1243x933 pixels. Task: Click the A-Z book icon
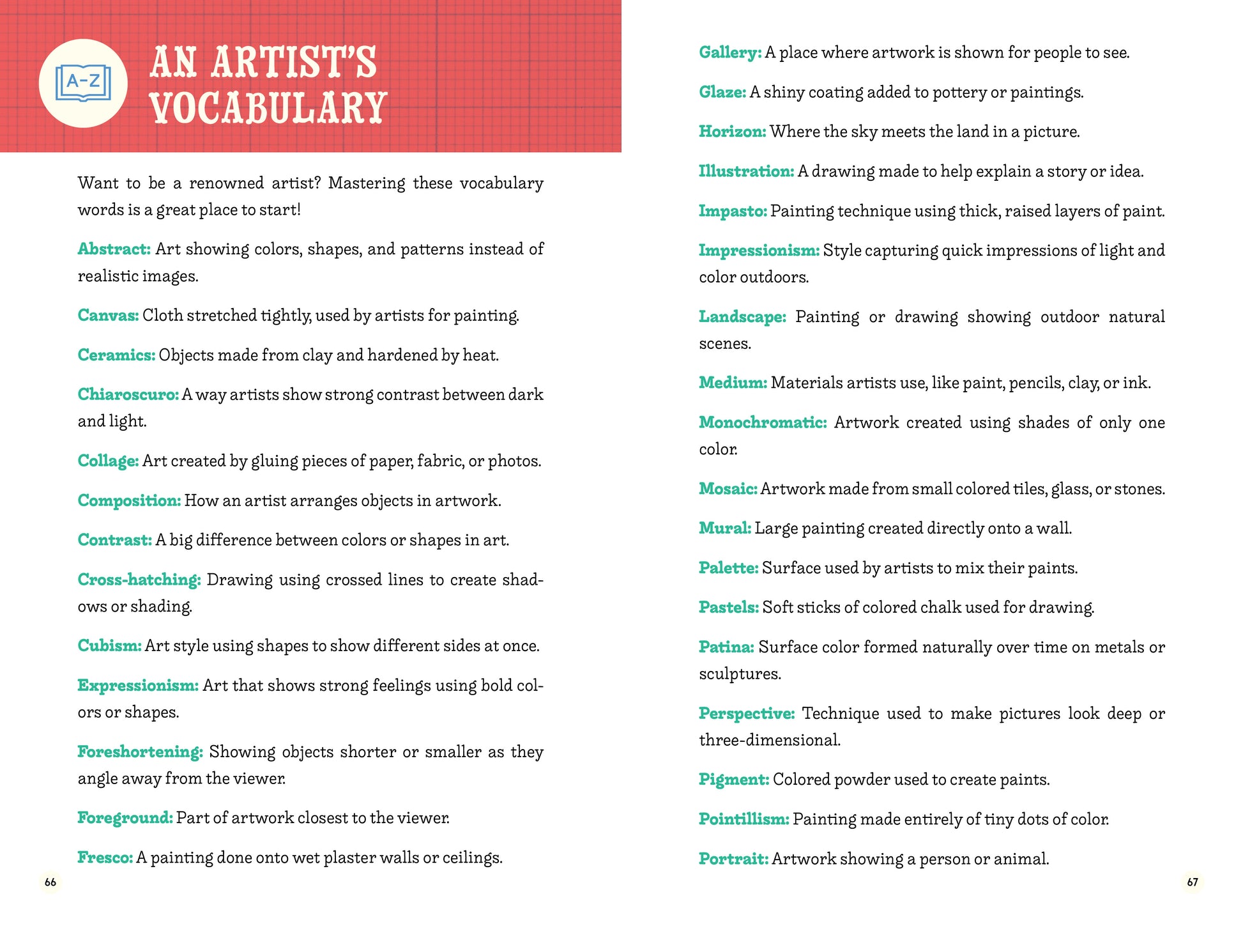83,83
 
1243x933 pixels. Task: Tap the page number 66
50,883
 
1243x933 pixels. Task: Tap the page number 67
1192,883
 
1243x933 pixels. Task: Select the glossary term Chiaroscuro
128,394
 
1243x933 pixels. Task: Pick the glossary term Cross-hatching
139,580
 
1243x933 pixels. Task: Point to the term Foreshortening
140,752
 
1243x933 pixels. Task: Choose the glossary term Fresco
105,858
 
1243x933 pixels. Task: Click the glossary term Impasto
732,211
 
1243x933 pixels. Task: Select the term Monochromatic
762,422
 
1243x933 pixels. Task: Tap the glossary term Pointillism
744,819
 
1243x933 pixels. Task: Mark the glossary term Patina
726,647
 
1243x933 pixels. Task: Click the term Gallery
729,52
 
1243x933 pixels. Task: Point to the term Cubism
109,645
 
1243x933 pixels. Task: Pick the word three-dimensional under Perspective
769,740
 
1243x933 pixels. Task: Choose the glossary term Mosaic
728,489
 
